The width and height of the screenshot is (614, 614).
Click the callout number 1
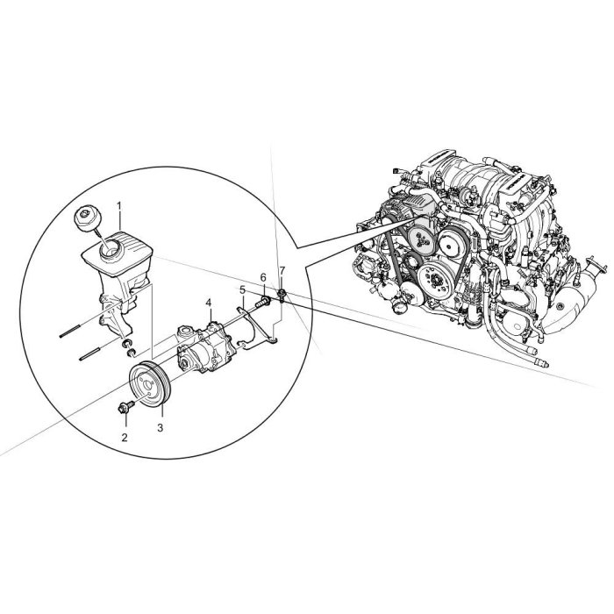[x=119, y=205]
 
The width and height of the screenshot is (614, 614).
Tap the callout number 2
[x=125, y=438]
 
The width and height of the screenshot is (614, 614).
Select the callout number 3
[x=160, y=428]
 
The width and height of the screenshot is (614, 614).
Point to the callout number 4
[x=209, y=303]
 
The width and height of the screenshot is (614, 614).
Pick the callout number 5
[x=242, y=289]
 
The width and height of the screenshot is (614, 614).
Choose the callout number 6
[x=263, y=278]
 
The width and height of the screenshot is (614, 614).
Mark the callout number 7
[x=282, y=270]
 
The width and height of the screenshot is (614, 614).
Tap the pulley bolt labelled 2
[x=125, y=406]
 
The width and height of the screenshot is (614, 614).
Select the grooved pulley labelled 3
[x=150, y=384]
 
